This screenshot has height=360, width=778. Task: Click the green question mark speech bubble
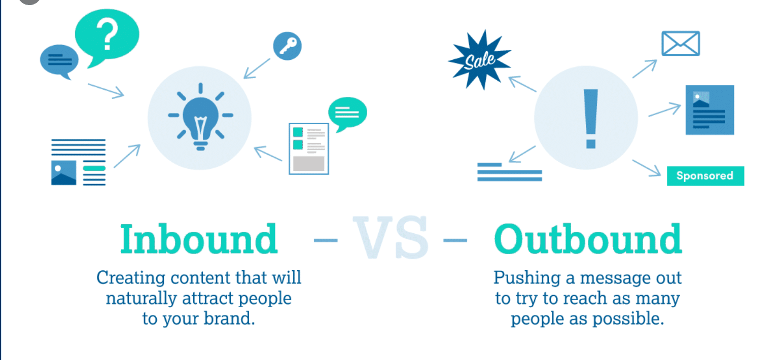click(107, 37)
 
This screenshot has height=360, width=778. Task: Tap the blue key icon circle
click(287, 46)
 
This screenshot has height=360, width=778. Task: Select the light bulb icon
click(200, 117)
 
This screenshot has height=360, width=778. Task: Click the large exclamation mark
click(591, 119)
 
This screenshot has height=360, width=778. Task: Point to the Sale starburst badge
click(480, 60)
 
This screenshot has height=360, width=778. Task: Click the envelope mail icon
click(681, 44)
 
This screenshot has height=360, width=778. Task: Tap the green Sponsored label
click(705, 176)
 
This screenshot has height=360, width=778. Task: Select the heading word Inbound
click(199, 239)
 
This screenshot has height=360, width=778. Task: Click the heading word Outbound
click(588, 239)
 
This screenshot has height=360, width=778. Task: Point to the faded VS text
click(391, 237)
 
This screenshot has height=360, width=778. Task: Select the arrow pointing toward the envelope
click(645, 69)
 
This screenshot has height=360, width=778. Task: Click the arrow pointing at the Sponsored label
click(646, 168)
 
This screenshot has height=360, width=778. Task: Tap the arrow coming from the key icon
click(257, 68)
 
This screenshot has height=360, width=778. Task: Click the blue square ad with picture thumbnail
click(710, 110)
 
